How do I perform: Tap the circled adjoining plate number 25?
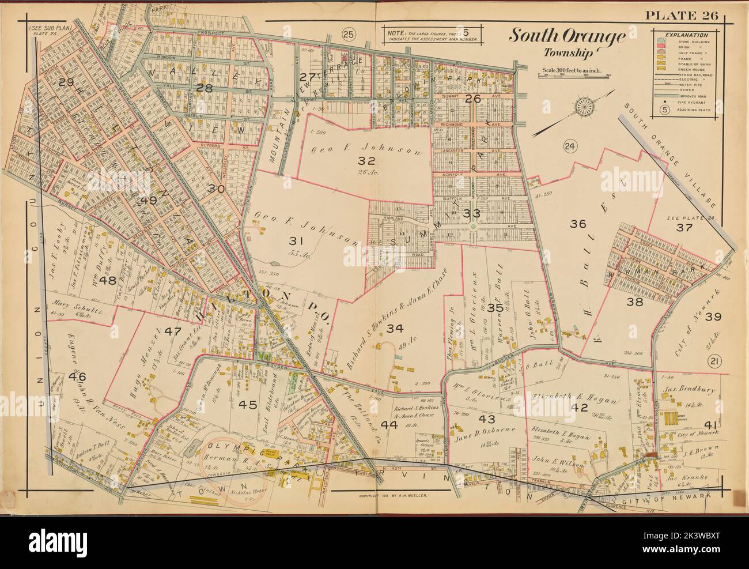[x=347, y=33]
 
